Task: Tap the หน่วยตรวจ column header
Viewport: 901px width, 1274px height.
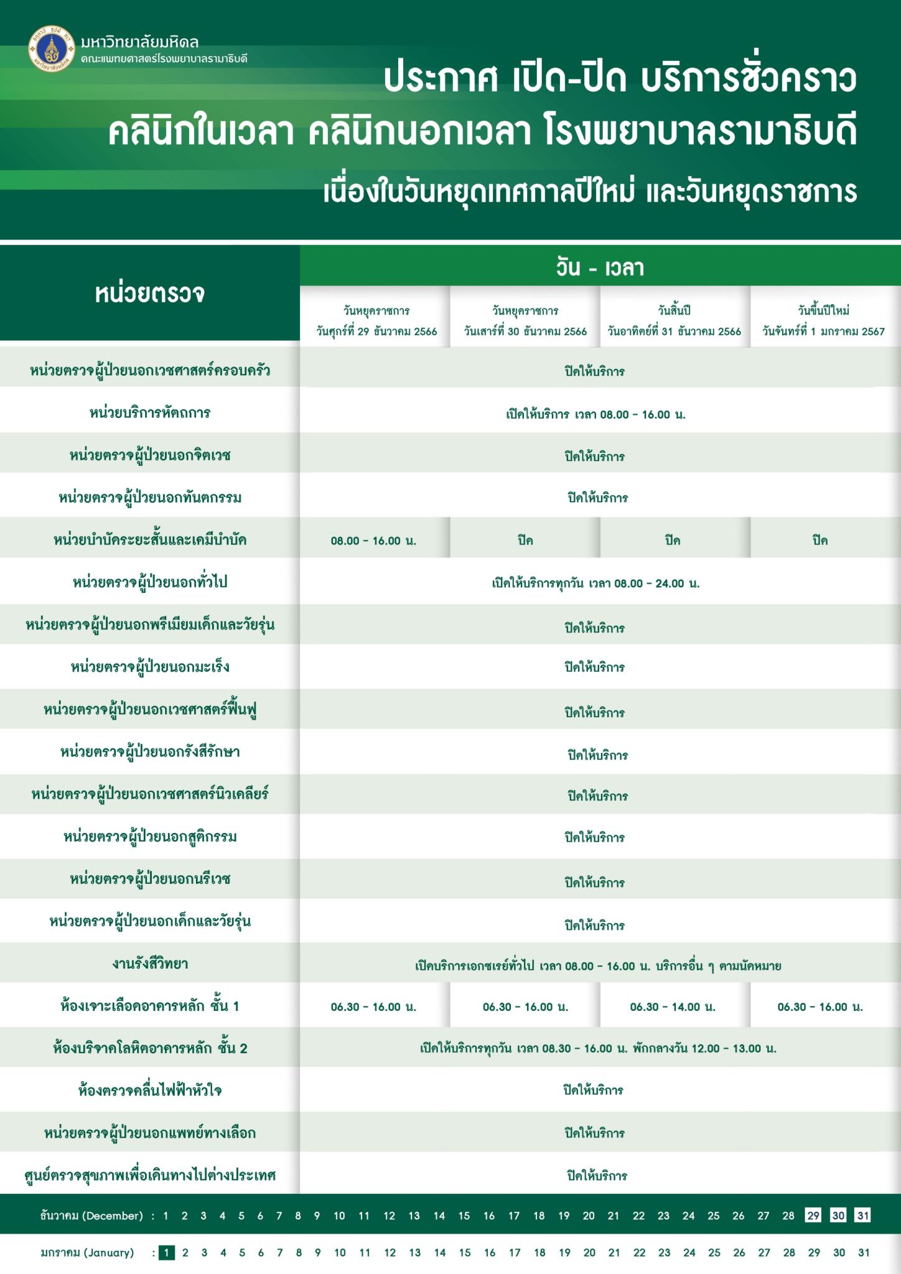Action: pos(150,293)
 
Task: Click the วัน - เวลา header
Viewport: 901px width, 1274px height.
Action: pos(600,268)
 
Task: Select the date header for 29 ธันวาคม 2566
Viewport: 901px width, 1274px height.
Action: pos(376,320)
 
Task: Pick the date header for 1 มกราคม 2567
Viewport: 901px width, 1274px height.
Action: pos(824,320)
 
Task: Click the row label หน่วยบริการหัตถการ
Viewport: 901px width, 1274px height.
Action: pos(150,413)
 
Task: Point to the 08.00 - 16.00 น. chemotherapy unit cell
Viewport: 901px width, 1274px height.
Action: pos(373,541)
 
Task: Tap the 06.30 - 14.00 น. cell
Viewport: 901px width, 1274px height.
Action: pos(673,1007)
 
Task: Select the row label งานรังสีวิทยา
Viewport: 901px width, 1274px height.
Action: pos(150,964)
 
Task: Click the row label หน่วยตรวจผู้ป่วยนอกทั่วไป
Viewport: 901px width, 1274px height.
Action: pos(150,582)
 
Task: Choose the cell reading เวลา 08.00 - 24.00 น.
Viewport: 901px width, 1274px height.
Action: pos(595,584)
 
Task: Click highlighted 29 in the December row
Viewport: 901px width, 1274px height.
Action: pos(813,1216)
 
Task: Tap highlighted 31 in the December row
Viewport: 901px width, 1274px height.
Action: pos(862,1216)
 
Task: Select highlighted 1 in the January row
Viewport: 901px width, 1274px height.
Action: pos(166,1253)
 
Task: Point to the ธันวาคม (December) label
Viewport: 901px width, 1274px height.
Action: pos(91,1216)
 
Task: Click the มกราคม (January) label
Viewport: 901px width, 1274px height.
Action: pos(87,1253)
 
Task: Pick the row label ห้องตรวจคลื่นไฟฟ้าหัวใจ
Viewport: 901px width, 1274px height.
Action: pos(150,1090)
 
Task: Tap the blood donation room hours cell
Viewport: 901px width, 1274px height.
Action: pos(598,1049)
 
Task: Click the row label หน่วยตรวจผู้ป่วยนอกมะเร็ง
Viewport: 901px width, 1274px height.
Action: pos(150,667)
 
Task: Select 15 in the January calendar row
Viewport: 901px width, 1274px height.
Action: pos(465,1253)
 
